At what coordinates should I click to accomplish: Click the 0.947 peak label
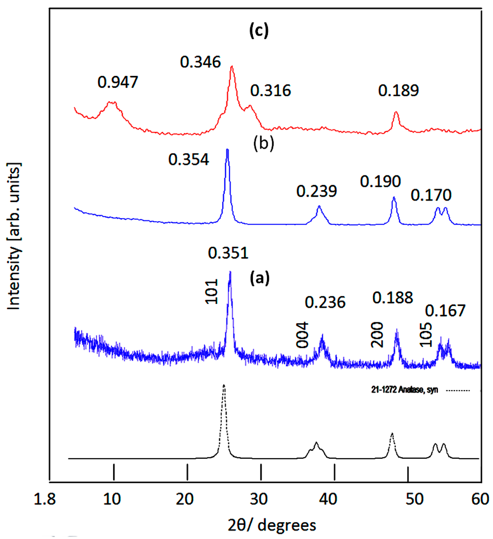point(118,82)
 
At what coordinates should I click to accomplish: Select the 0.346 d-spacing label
point(200,62)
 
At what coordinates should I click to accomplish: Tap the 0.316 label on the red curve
point(270,91)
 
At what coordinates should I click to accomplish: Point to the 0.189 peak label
point(398,91)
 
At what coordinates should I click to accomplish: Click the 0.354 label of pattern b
point(188,160)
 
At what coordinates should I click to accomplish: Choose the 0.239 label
point(317,192)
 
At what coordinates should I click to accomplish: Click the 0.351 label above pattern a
point(228,253)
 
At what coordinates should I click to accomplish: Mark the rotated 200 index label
point(377,335)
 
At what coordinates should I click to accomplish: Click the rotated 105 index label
point(426,335)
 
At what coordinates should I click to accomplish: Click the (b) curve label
point(264,144)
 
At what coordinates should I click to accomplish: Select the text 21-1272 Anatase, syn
point(404,390)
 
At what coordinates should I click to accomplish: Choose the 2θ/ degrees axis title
point(272,525)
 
